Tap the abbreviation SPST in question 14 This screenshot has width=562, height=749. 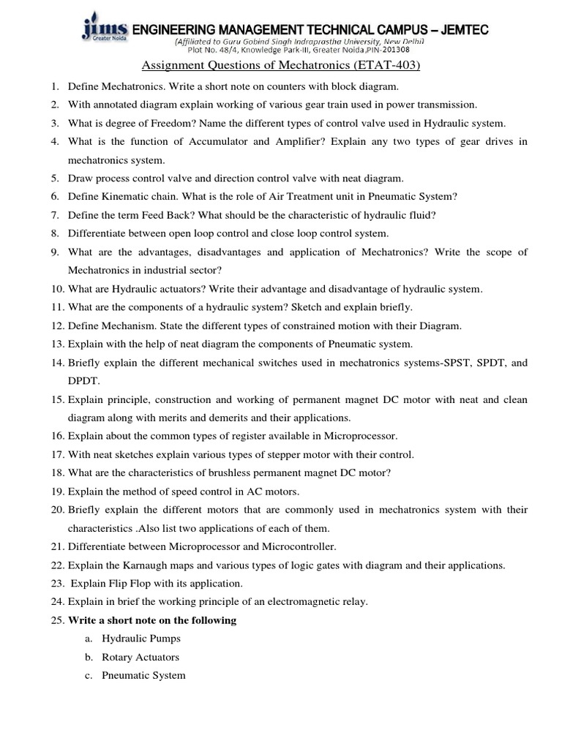(446, 363)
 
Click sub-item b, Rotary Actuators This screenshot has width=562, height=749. (140, 657)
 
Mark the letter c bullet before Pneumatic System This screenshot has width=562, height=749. (88, 675)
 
